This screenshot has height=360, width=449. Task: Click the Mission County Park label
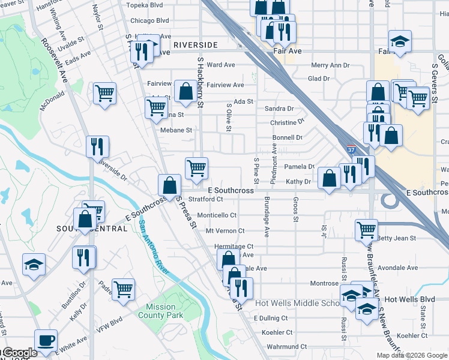160,310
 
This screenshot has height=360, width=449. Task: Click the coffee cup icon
46,341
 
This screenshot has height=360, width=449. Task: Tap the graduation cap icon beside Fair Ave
400,41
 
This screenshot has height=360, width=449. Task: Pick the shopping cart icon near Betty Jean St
366,229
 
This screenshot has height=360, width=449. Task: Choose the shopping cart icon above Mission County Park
123,289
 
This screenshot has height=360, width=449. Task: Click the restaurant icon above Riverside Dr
97,146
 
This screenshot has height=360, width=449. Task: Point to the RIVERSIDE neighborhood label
195,45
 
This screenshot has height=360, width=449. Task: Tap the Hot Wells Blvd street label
409,299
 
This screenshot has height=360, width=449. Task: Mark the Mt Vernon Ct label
225,230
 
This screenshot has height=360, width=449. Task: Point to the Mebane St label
175,130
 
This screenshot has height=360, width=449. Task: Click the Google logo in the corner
19,353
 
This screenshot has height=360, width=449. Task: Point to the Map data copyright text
411,355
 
